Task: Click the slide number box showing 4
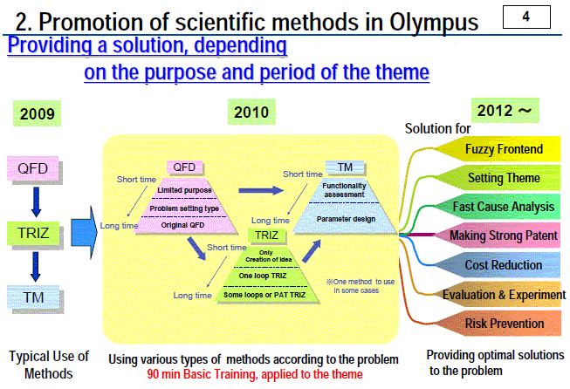tap(526, 17)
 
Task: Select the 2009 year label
tap(37, 113)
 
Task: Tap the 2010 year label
tap(251, 112)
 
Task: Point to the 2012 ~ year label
tap(505, 111)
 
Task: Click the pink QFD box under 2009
tap(32, 168)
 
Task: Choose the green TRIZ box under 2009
tap(33, 233)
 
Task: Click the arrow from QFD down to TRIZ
tap(36, 202)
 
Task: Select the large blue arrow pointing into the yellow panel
tap(85, 233)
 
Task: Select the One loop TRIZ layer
tap(263, 276)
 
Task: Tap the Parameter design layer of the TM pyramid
tap(346, 218)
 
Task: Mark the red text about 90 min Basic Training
tap(255, 374)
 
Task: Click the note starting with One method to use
tap(361, 286)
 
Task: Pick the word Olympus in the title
tap(434, 22)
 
